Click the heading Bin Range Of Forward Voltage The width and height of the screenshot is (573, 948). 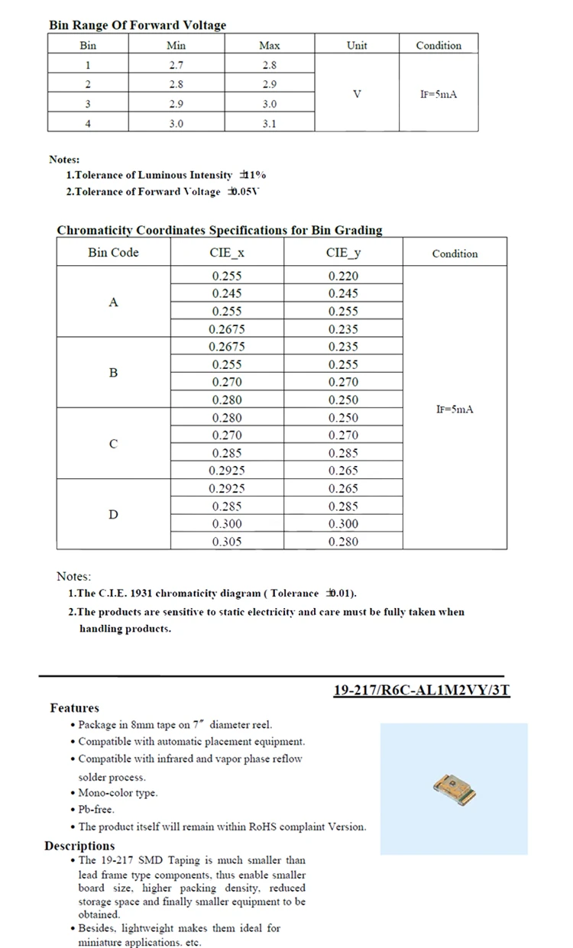[x=138, y=25]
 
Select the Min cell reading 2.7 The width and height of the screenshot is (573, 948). [x=176, y=65]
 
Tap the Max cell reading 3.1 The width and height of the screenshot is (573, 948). [x=269, y=122]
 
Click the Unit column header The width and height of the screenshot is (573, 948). [x=357, y=45]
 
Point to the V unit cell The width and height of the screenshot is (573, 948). [x=357, y=94]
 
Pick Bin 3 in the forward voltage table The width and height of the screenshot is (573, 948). [x=88, y=103]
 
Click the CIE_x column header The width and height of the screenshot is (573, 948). [x=227, y=252]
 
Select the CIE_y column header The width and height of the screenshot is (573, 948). [x=343, y=252]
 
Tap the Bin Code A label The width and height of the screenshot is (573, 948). [x=113, y=303]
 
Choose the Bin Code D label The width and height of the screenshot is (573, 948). [x=113, y=514]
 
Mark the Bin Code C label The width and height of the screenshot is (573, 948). [x=113, y=444]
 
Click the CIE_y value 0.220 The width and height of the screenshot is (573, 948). [x=343, y=277]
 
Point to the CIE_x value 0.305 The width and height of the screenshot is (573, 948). [x=227, y=542]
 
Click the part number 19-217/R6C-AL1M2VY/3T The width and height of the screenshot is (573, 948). [x=422, y=691]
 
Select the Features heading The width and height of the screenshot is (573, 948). [x=75, y=708]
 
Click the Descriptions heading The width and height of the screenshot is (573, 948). [x=79, y=846]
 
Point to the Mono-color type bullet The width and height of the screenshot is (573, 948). [x=118, y=793]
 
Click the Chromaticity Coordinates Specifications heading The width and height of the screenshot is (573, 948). [x=219, y=230]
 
